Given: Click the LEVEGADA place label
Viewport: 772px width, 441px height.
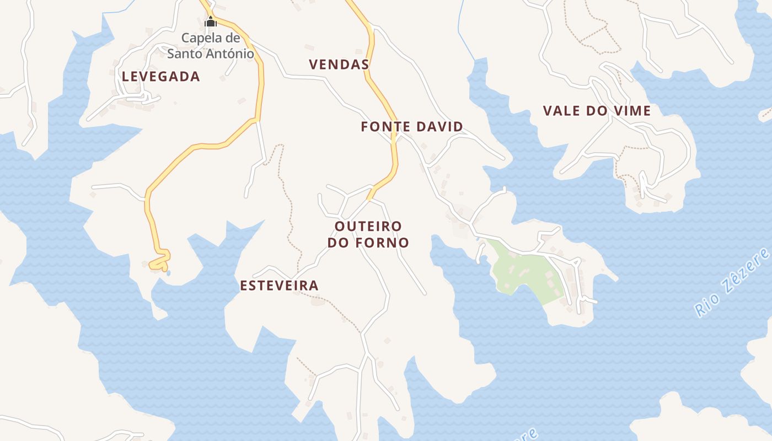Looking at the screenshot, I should click(x=160, y=77).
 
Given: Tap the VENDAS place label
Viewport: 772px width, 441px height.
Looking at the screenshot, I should click(x=339, y=64).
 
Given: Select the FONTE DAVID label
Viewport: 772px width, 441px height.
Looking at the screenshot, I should click(x=411, y=127).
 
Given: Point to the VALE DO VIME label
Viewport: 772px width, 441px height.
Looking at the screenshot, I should click(x=597, y=111).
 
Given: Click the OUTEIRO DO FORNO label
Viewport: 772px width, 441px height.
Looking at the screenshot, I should click(x=368, y=234).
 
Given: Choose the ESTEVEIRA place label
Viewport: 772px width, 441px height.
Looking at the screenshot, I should click(x=279, y=286).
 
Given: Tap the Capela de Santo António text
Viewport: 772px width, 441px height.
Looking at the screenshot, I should click(x=211, y=46).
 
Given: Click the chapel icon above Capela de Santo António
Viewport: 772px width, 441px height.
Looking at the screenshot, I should click(x=211, y=22).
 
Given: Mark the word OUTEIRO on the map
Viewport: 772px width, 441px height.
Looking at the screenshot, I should click(x=368, y=226).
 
